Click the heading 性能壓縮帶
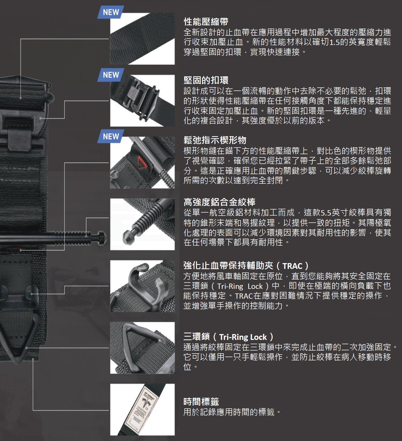coord(206,22)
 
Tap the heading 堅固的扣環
coord(206,80)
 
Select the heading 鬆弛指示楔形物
coord(215,140)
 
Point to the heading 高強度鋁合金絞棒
coord(219,202)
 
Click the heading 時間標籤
coord(201,401)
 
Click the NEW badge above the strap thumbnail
coord(111,12)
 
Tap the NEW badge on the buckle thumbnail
coord(111,75)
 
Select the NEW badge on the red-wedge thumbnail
coord(111,136)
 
